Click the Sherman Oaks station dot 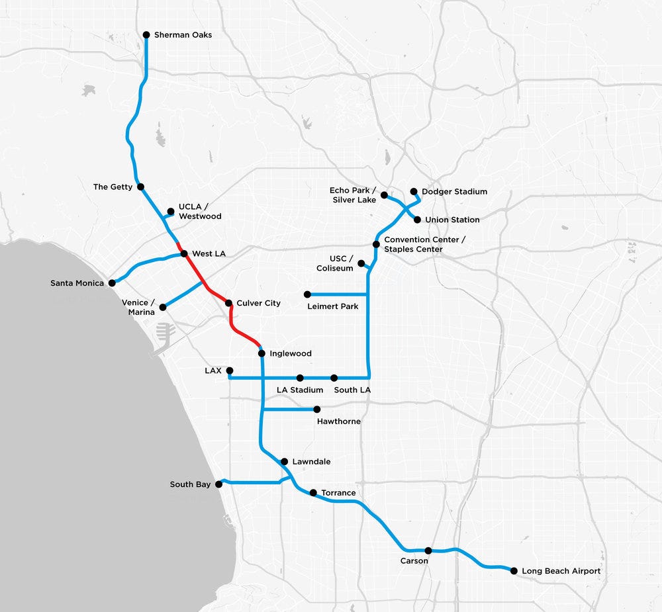coord(146,34)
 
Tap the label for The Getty coord(113,187)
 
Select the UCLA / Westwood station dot coord(171,212)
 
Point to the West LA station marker coord(185,253)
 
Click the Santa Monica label coord(77,283)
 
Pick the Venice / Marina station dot coord(162,307)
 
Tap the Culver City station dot coord(229,303)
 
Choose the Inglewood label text coord(291,354)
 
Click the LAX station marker coord(230,371)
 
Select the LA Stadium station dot coord(300,378)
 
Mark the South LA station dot coord(334,378)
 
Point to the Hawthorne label coord(339,421)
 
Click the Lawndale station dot coord(284,461)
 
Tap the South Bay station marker coord(219,484)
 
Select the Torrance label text coord(338,493)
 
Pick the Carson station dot coord(428,550)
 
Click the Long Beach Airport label coord(561,571)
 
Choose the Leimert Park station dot coord(307,294)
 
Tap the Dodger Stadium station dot coord(414,191)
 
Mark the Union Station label coord(452,220)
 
